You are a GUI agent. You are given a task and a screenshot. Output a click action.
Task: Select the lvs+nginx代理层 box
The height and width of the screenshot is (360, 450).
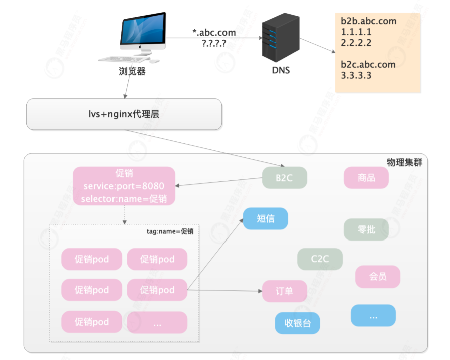tap(124, 114)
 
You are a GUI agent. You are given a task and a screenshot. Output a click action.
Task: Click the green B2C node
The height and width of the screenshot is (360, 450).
tap(284, 178)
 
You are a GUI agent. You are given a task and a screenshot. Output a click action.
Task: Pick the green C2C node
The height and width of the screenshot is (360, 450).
tap(319, 259)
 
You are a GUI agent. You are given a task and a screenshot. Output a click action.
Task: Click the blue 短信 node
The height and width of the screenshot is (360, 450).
tap(265, 219)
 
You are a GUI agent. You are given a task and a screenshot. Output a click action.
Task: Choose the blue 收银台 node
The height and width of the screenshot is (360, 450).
tap(297, 323)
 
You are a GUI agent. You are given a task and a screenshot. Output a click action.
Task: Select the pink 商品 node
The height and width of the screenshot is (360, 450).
tap(366, 178)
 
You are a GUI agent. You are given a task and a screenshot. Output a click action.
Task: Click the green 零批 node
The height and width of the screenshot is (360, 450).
tap(366, 229)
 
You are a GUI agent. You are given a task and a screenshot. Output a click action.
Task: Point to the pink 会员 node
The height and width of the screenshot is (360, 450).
tap(377, 277)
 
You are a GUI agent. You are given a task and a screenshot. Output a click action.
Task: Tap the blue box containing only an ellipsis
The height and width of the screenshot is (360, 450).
tap(373, 315)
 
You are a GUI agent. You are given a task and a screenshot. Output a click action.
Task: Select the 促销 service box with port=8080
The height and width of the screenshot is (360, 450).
tap(124, 186)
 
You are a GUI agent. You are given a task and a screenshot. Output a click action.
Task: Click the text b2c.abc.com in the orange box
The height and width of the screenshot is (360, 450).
tap(368, 64)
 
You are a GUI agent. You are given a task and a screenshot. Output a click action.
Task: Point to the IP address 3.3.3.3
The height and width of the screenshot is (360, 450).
tap(356, 75)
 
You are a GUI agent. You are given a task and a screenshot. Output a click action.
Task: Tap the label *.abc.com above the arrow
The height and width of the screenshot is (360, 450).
tap(213, 33)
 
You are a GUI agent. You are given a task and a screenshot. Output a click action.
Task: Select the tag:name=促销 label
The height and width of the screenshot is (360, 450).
tap(170, 231)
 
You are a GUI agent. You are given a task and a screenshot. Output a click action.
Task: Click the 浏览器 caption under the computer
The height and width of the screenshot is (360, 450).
tap(132, 71)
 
